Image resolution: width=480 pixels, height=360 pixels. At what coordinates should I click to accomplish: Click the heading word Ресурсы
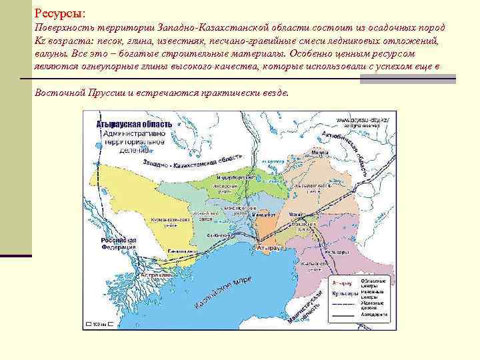59,13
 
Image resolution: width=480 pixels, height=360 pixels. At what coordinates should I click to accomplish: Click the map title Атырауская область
134,124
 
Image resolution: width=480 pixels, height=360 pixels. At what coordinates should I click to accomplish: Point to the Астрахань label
156,275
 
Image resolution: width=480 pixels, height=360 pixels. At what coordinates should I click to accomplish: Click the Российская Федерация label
118,242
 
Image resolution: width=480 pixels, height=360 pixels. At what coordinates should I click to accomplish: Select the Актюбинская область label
347,151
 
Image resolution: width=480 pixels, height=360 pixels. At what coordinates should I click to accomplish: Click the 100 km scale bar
97,324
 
